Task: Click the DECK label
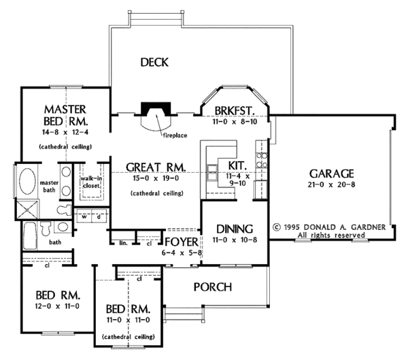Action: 154,63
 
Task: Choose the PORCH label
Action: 212,287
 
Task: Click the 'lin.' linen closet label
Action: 122,242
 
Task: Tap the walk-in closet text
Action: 90,180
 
